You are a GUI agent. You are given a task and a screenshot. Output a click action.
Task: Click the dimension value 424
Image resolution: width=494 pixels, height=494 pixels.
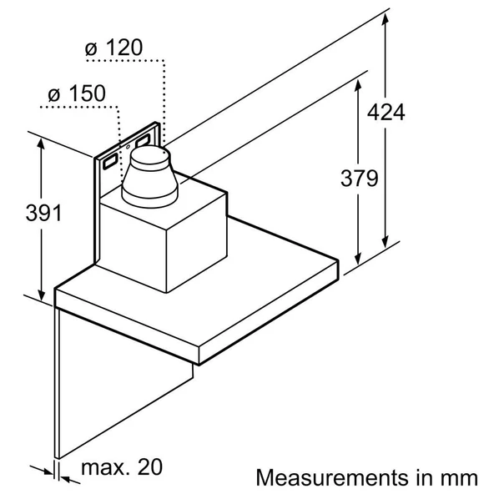coord(385,112)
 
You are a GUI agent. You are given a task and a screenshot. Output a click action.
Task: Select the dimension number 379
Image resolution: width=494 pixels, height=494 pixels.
coord(359,178)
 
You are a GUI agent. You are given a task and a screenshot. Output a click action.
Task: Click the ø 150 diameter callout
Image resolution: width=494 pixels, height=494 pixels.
coord(73,93)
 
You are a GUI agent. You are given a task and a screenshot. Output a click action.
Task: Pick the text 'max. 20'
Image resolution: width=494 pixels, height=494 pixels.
coord(122,466)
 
